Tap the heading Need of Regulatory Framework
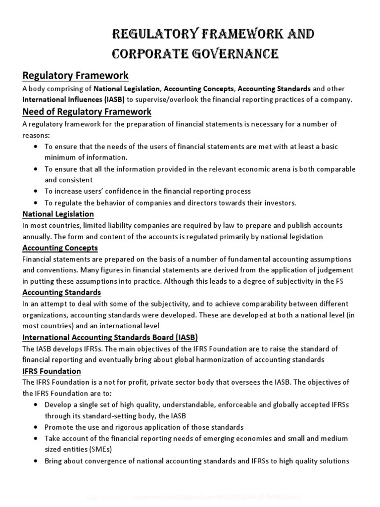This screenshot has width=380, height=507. (87, 111)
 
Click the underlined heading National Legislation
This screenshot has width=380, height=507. (58, 214)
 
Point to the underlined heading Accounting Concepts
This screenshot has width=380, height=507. (60, 248)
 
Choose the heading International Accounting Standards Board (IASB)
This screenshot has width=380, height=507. (110, 337)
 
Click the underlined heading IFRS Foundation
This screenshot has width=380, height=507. (52, 371)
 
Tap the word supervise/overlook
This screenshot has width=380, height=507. (168, 100)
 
